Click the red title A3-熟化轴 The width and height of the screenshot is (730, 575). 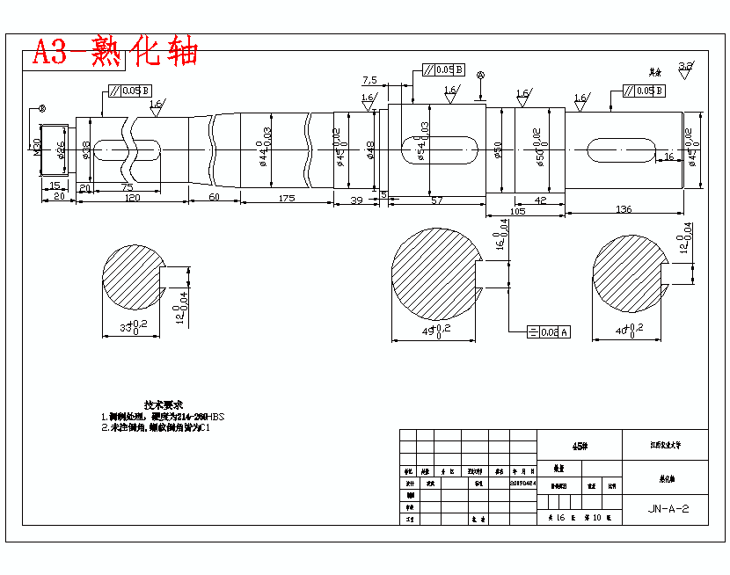[114, 53]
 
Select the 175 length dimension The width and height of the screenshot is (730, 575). [286, 199]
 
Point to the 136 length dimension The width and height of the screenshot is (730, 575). [624, 208]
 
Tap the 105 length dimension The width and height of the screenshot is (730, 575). [517, 212]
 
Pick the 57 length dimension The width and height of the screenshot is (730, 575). [436, 201]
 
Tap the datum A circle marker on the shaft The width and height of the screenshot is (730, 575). [480, 76]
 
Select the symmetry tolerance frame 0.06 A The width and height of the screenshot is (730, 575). [547, 331]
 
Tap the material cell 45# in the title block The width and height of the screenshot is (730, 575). [579, 446]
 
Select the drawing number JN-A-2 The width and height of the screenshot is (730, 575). [668, 508]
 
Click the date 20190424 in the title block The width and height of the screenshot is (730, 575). [522, 483]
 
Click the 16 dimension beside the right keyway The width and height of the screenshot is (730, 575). [668, 156]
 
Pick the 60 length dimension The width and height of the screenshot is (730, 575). [214, 199]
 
